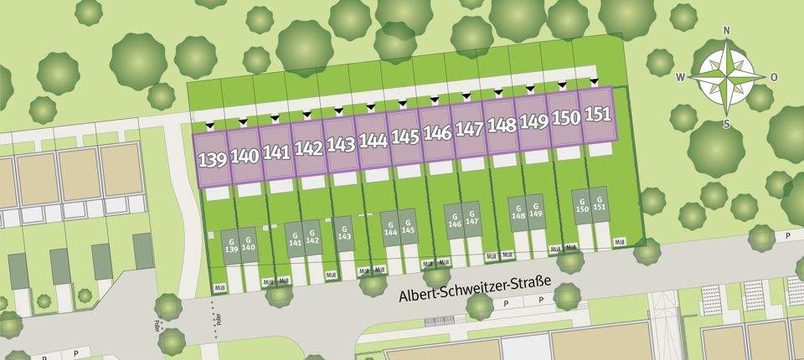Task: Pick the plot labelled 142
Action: [308, 148]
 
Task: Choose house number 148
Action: [501, 126]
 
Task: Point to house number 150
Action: [565, 118]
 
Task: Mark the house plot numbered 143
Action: [340, 144]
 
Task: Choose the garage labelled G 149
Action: [536, 213]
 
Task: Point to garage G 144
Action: [390, 228]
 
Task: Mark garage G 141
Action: [294, 239]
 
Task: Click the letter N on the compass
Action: [726, 31]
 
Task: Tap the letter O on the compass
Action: [773, 77]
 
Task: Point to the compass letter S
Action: [726, 124]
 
